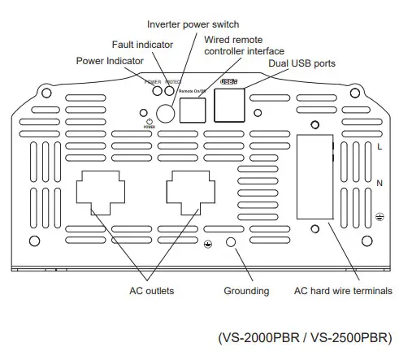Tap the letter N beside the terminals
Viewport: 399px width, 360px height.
[379, 184]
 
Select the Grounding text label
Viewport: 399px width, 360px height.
[245, 290]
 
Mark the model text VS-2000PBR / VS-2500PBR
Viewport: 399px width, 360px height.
[304, 336]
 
